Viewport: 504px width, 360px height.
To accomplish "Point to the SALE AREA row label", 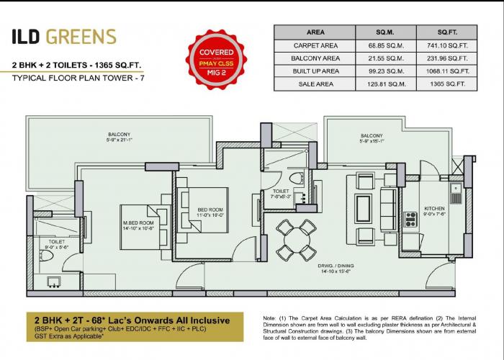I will point(315,84).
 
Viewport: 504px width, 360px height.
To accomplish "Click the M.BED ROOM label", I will point(139,228).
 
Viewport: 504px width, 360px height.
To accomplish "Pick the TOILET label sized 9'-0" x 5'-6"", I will point(56,245).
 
